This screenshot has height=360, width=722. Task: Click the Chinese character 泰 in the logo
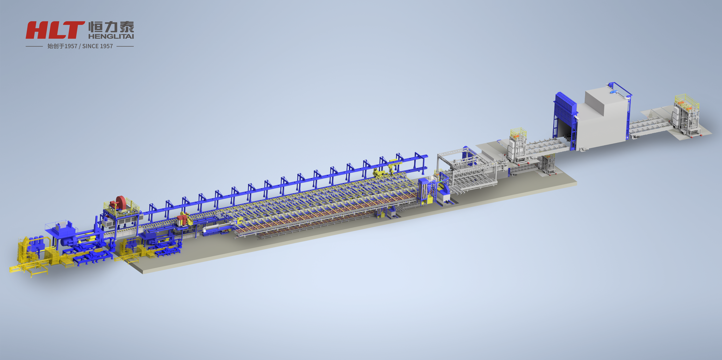click(x=127, y=27)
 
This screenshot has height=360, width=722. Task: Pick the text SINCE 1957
click(x=98, y=46)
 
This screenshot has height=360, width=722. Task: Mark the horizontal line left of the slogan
click(x=34, y=46)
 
